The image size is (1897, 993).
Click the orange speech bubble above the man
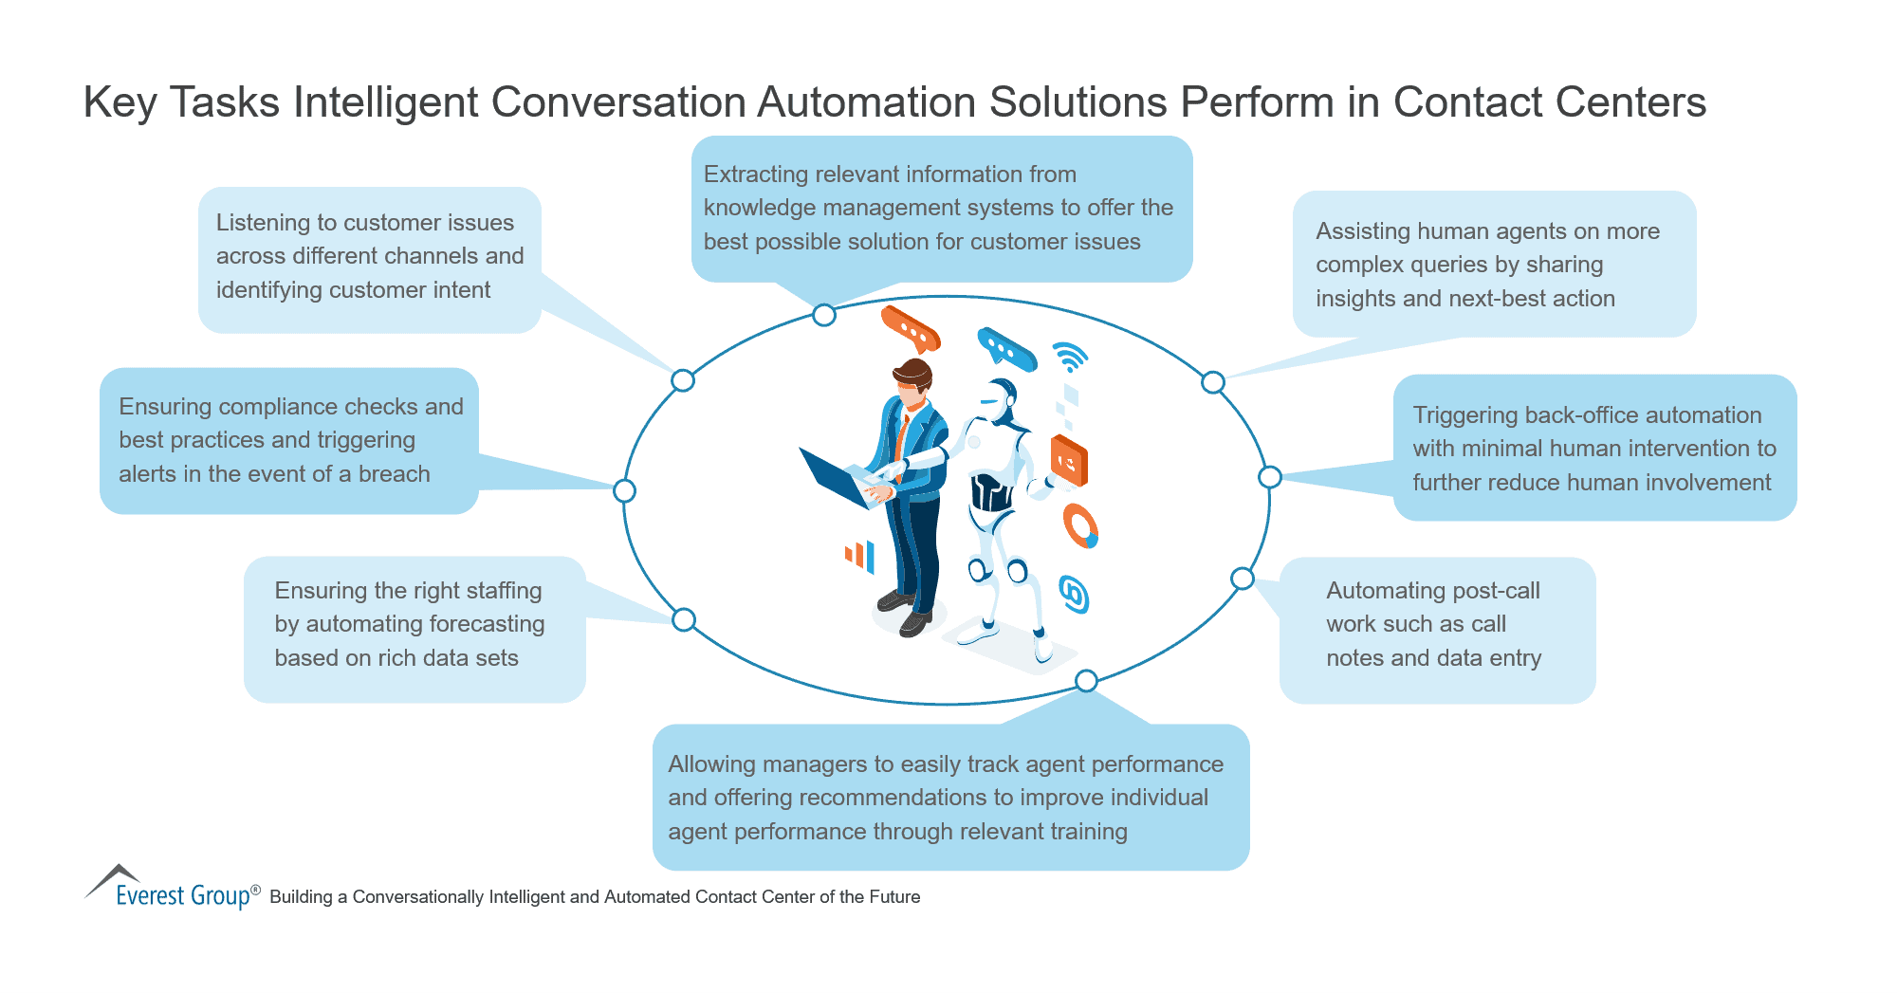click(910, 329)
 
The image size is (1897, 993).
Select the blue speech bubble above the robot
click(1006, 350)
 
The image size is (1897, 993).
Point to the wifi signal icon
click(1070, 358)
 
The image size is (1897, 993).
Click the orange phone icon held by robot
click(1069, 461)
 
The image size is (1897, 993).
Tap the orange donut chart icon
click(1080, 525)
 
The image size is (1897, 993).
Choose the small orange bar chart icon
click(859, 556)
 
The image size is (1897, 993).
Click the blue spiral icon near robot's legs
click(1074, 595)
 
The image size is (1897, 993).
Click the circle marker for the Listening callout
click(683, 380)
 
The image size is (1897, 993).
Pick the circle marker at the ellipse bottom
click(1086, 680)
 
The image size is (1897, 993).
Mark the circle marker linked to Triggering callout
click(1269, 477)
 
